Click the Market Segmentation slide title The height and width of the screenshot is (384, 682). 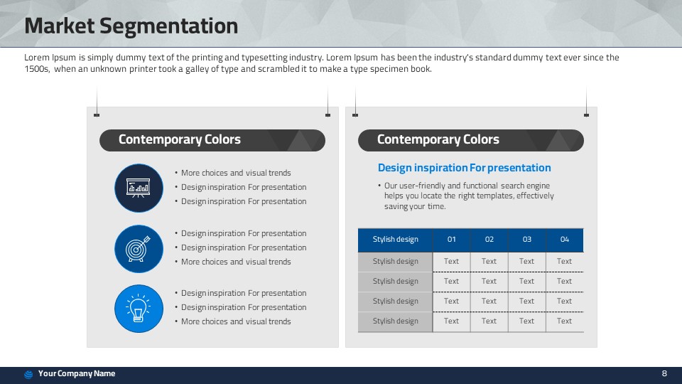pos(131,26)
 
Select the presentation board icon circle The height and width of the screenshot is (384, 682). pos(139,188)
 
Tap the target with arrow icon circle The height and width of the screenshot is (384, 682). pos(139,249)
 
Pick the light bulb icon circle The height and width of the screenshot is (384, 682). pos(139,309)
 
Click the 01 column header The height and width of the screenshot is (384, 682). pos(452,240)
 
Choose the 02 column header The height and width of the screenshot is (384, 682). pos(489,240)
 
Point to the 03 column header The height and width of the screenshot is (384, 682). pos(526,240)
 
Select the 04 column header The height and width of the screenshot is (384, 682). pos(565,240)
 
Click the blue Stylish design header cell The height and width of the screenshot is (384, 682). pos(396,240)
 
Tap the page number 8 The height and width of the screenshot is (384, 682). pos(664,373)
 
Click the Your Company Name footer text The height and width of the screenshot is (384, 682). pos(77,373)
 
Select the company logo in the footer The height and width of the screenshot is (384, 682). pos(28,375)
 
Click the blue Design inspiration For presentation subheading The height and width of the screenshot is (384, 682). pos(464,168)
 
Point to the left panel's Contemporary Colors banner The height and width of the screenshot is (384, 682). pos(212,140)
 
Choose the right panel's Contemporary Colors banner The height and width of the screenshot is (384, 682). pos(470,140)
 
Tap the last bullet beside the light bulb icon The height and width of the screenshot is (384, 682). pos(233,321)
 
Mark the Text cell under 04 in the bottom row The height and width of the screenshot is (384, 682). pos(565,321)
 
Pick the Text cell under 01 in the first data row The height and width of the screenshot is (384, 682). pos(452,262)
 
